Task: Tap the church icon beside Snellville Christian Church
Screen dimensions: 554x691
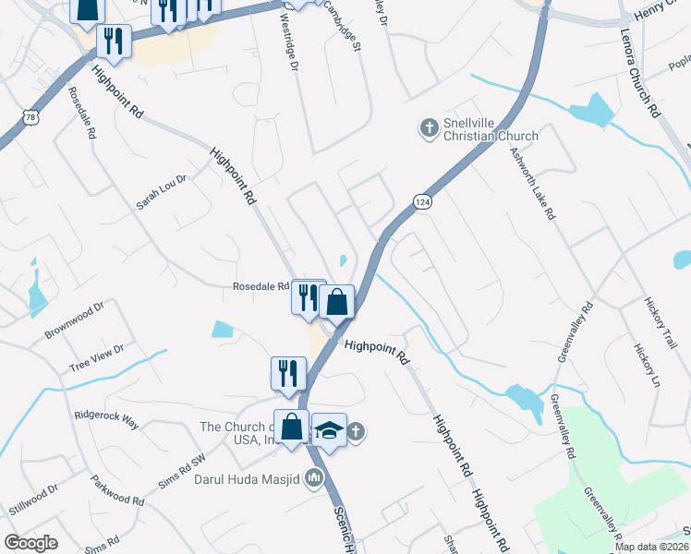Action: (x=428, y=128)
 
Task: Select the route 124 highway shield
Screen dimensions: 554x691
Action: (x=422, y=202)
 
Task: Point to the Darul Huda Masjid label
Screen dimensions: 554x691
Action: (x=247, y=478)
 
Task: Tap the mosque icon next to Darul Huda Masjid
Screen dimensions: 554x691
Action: (x=313, y=477)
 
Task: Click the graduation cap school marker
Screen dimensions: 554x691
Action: (x=329, y=430)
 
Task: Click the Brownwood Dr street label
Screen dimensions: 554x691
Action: (x=73, y=319)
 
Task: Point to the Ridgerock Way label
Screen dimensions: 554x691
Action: (x=106, y=420)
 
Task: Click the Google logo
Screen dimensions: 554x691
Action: (x=31, y=542)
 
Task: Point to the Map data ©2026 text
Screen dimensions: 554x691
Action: (x=650, y=547)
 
